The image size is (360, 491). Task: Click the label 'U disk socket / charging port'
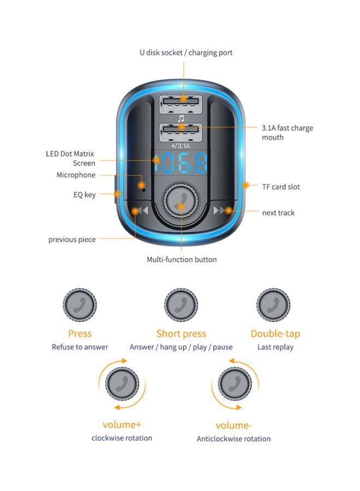click(186, 53)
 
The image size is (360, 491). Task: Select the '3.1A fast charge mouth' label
click(287, 133)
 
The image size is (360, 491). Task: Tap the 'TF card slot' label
click(281, 187)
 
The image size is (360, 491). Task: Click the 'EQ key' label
click(85, 194)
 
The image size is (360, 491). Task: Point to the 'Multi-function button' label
click(182, 260)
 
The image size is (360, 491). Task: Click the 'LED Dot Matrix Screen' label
click(70, 158)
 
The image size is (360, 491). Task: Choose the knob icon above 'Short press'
click(181, 304)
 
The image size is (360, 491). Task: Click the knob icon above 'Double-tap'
click(273, 304)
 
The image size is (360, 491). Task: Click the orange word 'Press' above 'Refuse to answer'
click(80, 333)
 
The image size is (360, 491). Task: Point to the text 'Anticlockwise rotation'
click(233, 439)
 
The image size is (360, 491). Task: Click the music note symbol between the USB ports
click(181, 118)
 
